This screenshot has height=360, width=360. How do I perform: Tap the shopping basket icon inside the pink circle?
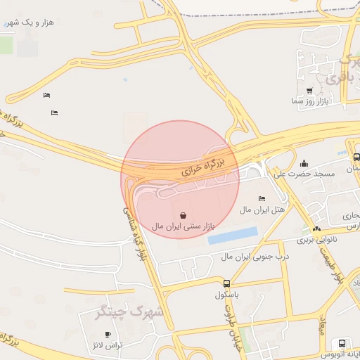(x=183, y=215)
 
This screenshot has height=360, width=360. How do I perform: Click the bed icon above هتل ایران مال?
(x=262, y=199)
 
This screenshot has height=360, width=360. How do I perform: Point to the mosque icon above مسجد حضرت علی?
(x=304, y=164)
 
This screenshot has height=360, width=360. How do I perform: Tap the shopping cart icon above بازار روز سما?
(x=310, y=91)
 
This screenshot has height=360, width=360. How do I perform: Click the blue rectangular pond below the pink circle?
(x=232, y=236)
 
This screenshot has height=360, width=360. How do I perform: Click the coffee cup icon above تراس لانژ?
(x=107, y=334)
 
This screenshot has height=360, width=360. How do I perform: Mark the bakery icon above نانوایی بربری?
(x=316, y=229)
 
